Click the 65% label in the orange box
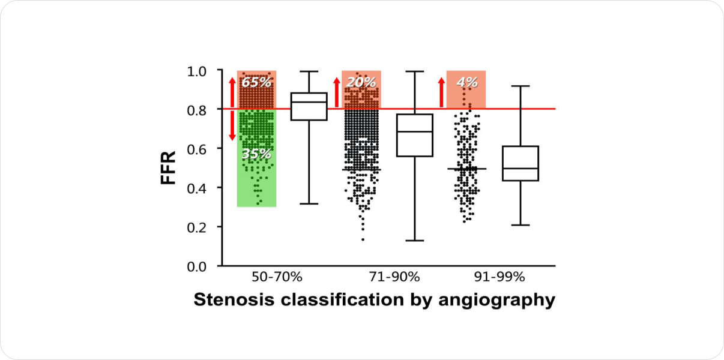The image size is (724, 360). pos(256,82)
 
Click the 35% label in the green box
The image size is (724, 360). pos(256,154)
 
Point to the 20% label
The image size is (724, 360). pos(361,82)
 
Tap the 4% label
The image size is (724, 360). pos(466,82)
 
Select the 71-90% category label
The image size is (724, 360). pos(393,277)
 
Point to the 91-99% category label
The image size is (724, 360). pos(499,277)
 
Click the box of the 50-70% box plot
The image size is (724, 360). pos(309,107)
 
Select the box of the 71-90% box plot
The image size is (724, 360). pos(415,135)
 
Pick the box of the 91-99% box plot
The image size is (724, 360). pos(520,163)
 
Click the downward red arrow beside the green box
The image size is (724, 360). pos(232,126)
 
